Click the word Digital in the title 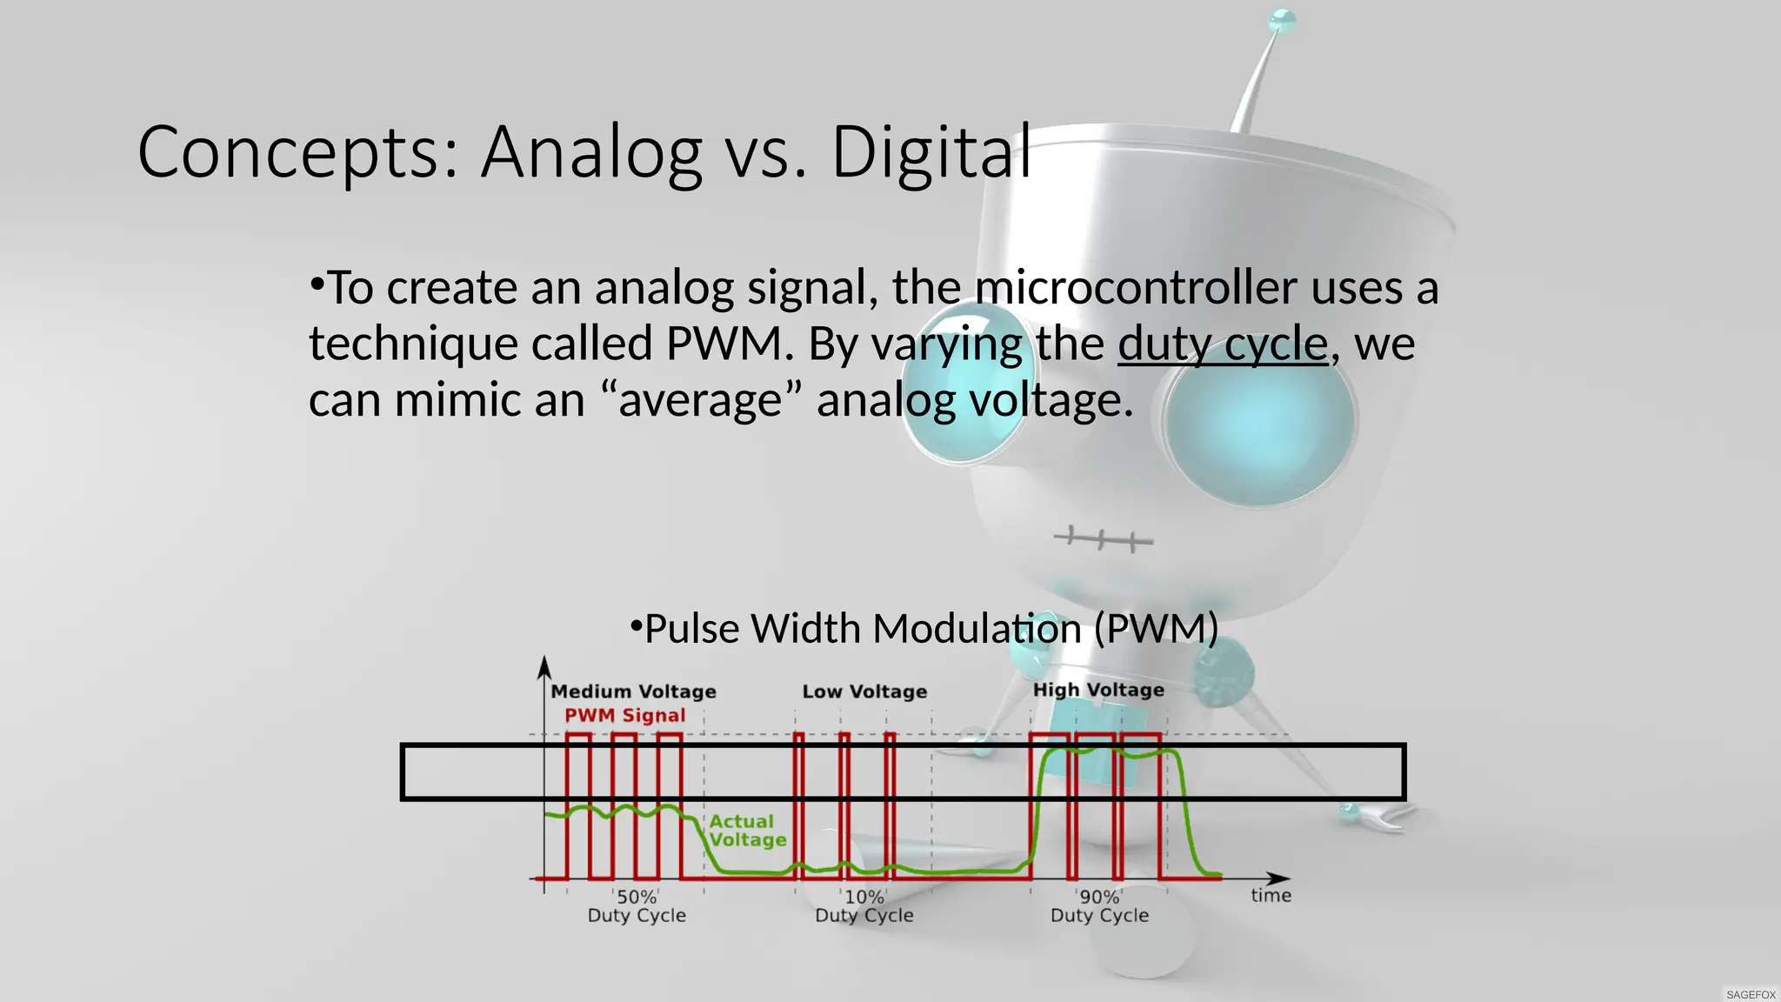(931, 153)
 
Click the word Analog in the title (591, 153)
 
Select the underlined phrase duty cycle (1223, 344)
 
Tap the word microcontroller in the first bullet (1136, 287)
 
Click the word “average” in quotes (701, 400)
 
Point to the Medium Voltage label (633, 691)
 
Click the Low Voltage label (864, 691)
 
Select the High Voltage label (1098, 690)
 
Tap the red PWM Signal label (624, 715)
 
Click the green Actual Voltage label (746, 831)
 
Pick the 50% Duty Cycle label (637, 905)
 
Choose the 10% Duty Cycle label (864, 905)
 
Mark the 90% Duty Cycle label (1099, 905)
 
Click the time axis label (1271, 896)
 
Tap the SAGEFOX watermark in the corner (1751, 994)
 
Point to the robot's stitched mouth (1103, 539)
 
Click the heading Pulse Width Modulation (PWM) (924, 628)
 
